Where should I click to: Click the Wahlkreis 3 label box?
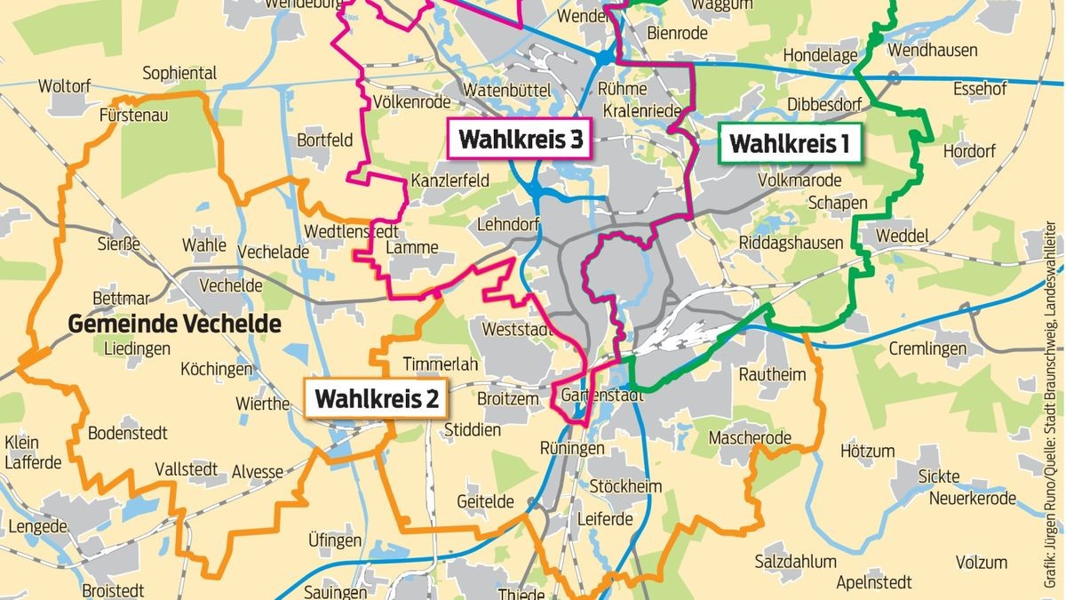click(x=521, y=139)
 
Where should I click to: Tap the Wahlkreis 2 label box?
click(x=377, y=399)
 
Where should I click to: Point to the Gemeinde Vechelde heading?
click(x=175, y=324)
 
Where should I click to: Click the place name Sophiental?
click(x=179, y=72)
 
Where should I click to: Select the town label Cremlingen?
click(x=927, y=349)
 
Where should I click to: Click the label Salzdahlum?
click(x=795, y=562)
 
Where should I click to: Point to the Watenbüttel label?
click(x=508, y=90)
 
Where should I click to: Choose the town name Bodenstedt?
click(x=127, y=434)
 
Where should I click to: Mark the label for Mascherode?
click(x=750, y=438)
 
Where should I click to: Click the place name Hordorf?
click(x=969, y=151)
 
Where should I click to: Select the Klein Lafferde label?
click(x=33, y=452)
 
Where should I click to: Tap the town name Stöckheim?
click(x=626, y=486)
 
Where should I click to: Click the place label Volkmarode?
click(x=799, y=180)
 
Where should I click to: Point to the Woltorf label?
click(x=65, y=86)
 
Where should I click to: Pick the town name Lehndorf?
click(x=508, y=224)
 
